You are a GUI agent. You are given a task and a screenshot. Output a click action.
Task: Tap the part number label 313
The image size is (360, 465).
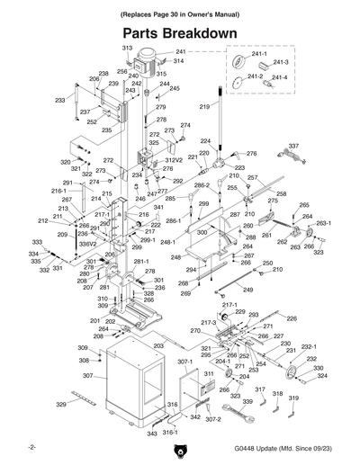tap(127, 48)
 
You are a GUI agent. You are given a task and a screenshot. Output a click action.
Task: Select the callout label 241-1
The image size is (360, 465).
tap(258, 57)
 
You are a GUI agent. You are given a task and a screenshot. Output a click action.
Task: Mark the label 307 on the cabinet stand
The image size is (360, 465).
tap(88, 376)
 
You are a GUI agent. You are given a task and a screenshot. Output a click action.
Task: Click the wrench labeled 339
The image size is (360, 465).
tap(247, 415)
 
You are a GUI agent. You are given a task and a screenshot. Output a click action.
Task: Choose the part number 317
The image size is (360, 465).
tap(260, 390)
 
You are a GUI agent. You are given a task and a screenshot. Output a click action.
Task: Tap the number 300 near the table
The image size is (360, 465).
tap(202, 233)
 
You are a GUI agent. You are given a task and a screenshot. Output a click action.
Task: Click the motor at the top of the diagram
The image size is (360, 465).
tap(145, 67)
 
